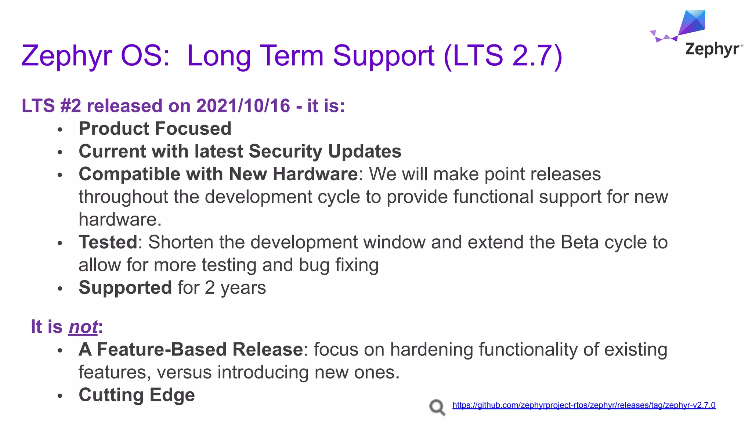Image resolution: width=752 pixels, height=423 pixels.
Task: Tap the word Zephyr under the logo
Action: [x=712, y=49]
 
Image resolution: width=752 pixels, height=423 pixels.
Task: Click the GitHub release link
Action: [x=583, y=405]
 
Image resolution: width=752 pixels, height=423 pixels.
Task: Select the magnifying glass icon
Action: [x=437, y=407]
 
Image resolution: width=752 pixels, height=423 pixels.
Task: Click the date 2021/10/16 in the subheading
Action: [x=243, y=106]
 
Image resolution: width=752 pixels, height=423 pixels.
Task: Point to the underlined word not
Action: [x=83, y=327]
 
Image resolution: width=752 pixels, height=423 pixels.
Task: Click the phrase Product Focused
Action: [x=155, y=129]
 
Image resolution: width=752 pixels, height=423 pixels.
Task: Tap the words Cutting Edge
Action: [x=137, y=395]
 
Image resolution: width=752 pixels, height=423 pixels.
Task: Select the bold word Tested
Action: [x=108, y=242]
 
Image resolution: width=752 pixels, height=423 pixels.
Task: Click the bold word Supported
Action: [x=125, y=288]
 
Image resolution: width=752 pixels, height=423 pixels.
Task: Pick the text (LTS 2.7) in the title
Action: [x=503, y=56]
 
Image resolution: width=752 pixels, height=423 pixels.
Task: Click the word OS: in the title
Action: [x=145, y=56]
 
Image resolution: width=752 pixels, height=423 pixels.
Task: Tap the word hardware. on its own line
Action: [x=120, y=220]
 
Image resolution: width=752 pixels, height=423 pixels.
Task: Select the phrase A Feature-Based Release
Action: [x=191, y=350]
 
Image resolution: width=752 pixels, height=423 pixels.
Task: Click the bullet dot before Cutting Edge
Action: [x=60, y=396]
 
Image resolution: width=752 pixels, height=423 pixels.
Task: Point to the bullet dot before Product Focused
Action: [x=60, y=130]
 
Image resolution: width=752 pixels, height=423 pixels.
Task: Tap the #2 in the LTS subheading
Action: [x=70, y=106]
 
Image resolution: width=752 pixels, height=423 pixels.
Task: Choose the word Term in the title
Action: [x=292, y=56]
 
